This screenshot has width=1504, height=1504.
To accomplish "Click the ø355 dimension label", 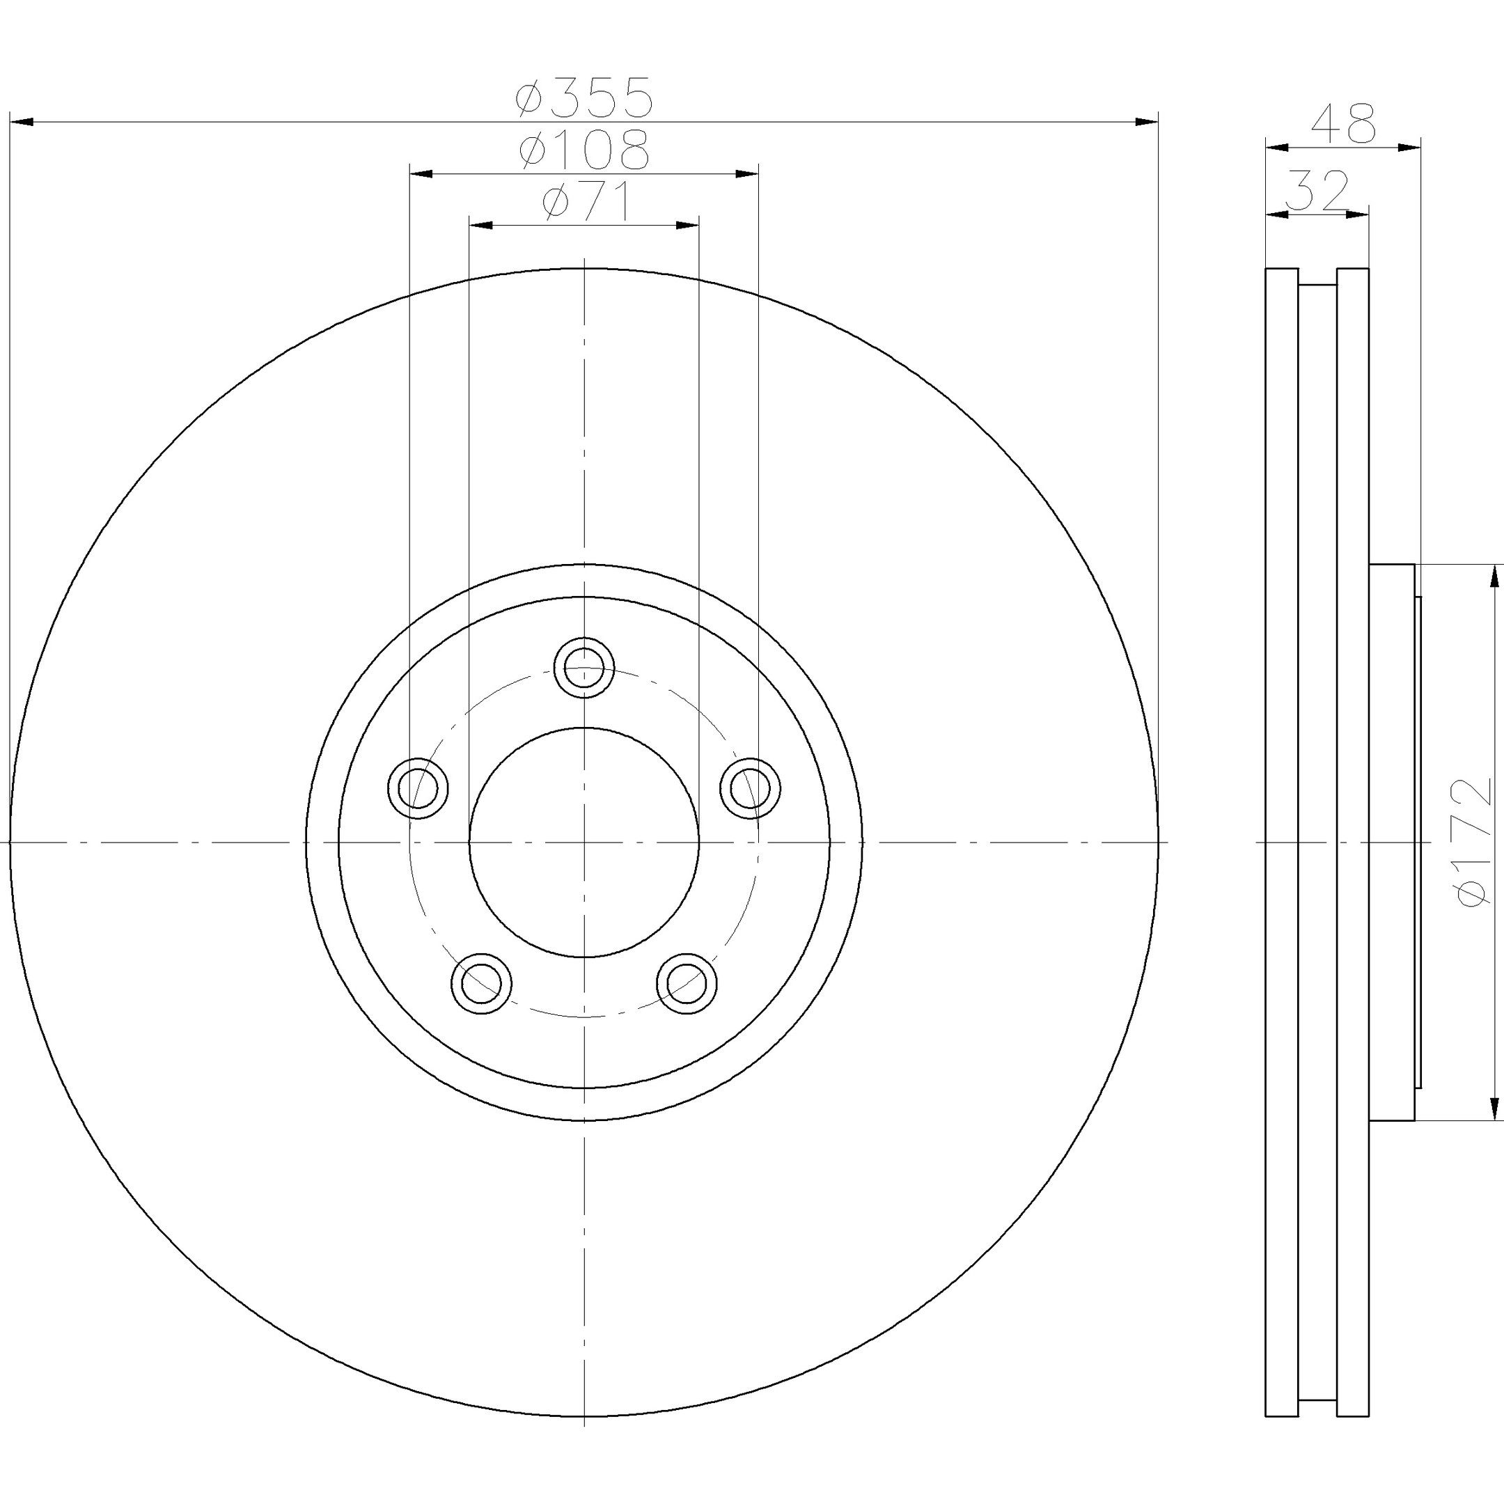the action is pos(583,97).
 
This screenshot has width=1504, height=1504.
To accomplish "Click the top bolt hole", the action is pos(585,667).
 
